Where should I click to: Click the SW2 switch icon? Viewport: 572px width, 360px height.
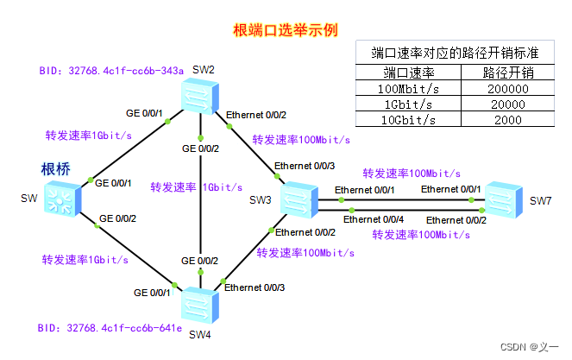[x=200, y=96]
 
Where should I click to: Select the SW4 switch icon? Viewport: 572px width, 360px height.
[x=200, y=305]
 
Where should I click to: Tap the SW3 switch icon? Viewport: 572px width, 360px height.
[x=299, y=199]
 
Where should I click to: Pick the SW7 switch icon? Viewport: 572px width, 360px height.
[x=504, y=199]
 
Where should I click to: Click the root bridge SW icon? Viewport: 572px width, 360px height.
[x=62, y=199]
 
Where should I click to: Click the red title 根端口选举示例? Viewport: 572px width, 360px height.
[x=286, y=30]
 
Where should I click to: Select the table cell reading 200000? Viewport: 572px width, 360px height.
[x=508, y=88]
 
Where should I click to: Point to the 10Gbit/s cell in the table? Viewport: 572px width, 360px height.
[x=408, y=120]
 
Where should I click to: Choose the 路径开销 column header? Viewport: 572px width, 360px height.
[x=508, y=73]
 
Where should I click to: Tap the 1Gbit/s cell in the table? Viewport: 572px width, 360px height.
[x=408, y=104]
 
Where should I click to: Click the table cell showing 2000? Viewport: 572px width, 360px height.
[x=508, y=120]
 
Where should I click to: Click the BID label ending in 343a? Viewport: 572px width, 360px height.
[x=111, y=71]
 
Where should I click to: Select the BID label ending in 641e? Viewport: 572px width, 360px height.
[x=110, y=328]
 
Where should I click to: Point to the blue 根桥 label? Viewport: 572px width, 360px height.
[x=55, y=169]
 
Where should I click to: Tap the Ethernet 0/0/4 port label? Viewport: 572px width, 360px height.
[x=374, y=219]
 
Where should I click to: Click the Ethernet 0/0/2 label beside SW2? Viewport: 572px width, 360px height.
[x=256, y=115]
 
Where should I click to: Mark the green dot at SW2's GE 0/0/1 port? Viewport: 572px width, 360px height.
[x=167, y=121]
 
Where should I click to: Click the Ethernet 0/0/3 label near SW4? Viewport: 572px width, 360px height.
[x=255, y=287]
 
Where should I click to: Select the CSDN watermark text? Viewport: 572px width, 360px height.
[x=529, y=347]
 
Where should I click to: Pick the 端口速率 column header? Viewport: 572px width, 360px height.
[x=408, y=73]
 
